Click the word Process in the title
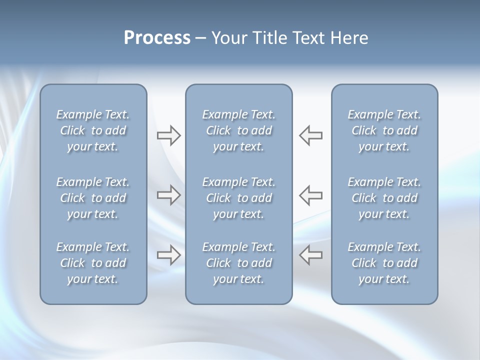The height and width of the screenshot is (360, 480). click(157, 38)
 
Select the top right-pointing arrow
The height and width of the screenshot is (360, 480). click(168, 135)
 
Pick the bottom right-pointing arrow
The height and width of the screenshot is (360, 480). click(168, 255)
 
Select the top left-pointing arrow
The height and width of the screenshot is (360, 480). click(311, 135)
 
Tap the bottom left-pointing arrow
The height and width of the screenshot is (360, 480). click(311, 255)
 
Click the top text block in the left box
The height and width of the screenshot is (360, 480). click(93, 130)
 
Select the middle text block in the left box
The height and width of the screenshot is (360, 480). click(93, 198)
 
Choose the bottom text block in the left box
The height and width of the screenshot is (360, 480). click(93, 263)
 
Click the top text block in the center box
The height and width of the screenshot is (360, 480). click(238, 130)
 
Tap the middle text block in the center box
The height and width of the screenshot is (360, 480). click(238, 198)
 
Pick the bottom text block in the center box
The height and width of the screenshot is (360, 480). click(238, 263)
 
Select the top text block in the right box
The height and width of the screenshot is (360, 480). click(384, 130)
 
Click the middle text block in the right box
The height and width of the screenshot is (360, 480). click(384, 198)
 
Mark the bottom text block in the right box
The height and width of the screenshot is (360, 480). click(384, 263)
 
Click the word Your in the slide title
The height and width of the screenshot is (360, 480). click(227, 38)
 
